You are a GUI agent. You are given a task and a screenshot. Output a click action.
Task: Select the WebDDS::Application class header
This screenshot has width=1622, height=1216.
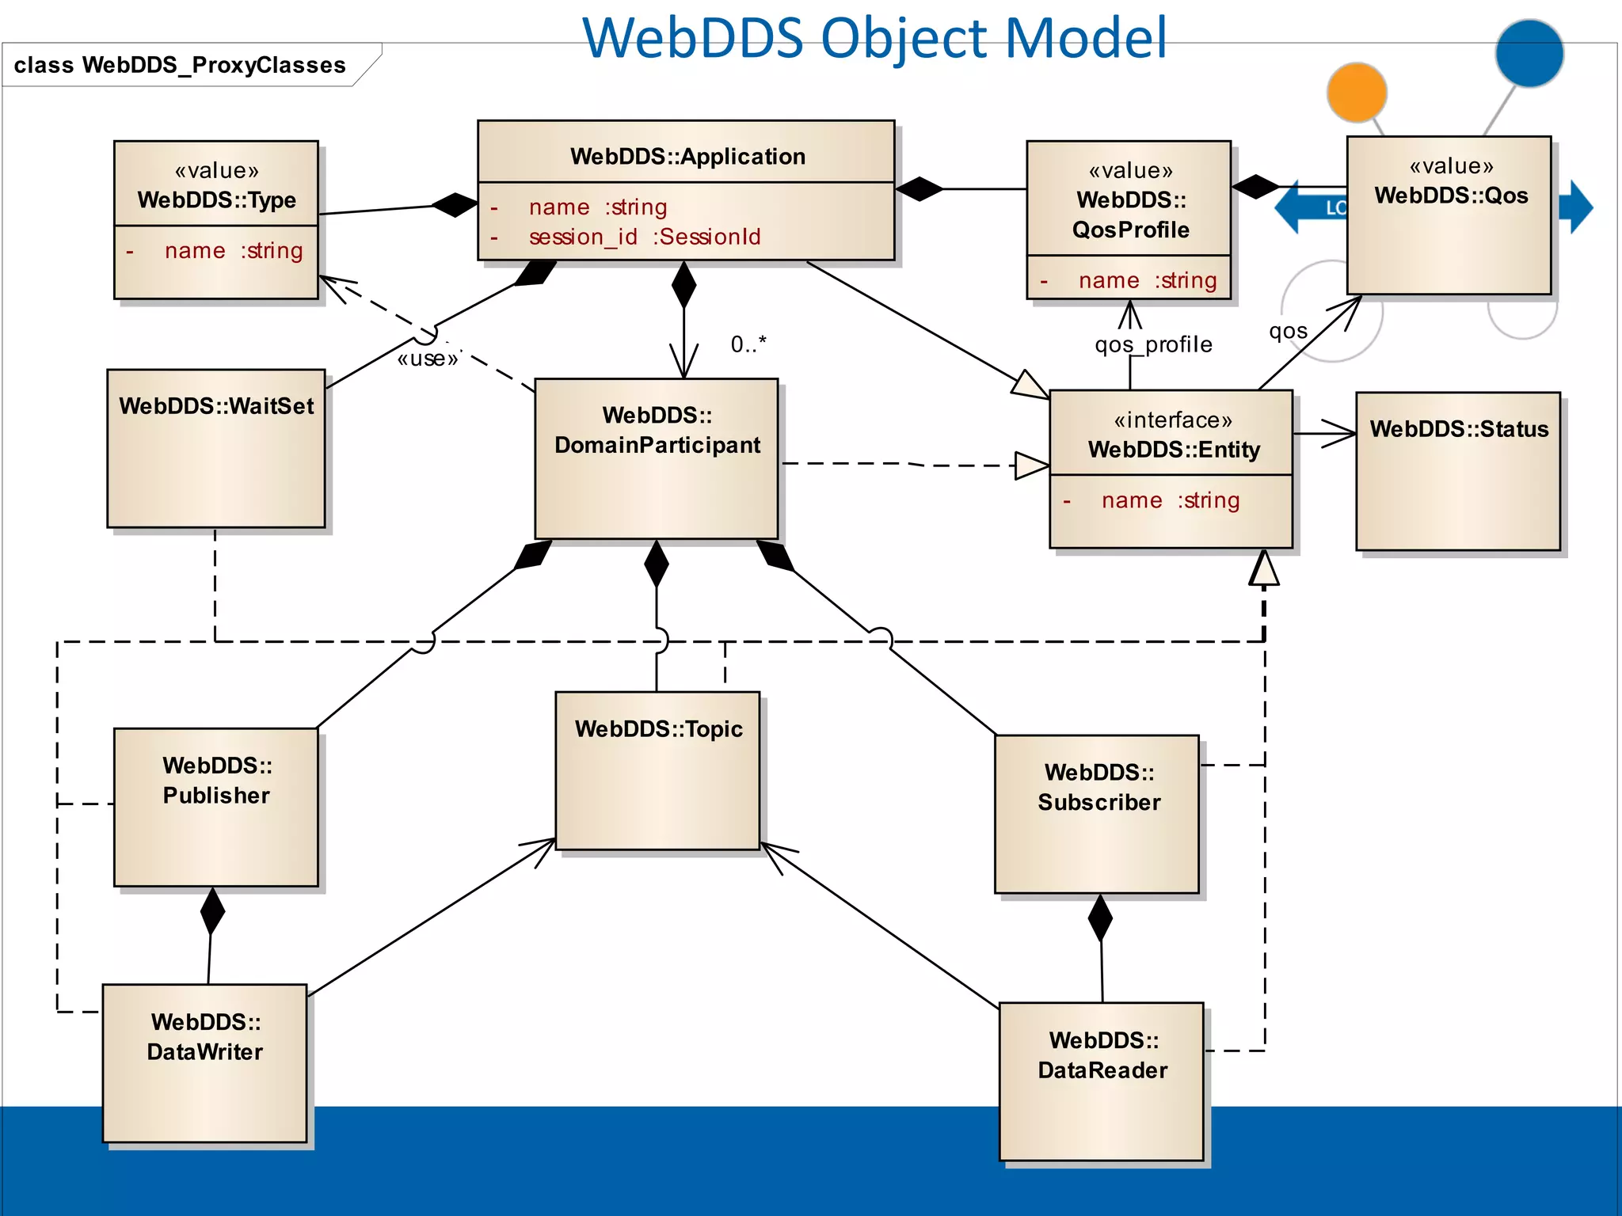tap(687, 156)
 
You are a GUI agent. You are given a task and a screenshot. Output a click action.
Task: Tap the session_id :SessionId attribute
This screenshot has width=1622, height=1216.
tap(644, 237)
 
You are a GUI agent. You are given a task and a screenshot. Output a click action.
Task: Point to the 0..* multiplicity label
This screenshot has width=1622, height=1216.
tap(748, 344)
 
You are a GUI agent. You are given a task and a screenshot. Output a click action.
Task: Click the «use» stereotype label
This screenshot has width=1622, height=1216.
tap(428, 359)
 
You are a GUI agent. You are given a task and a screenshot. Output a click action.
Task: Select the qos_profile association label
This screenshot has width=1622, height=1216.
tap(1153, 345)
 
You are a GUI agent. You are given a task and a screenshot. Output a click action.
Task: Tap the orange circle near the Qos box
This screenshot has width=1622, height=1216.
tap(1357, 92)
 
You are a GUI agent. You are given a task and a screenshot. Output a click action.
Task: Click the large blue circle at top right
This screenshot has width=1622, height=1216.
tap(1529, 54)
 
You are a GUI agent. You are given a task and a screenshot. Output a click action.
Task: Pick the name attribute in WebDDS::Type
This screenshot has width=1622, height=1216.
tap(233, 251)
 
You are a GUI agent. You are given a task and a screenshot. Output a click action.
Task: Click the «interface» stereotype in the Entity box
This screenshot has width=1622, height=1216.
tap(1173, 420)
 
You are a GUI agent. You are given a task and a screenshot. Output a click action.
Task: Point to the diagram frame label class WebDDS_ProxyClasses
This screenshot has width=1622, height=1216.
tap(180, 65)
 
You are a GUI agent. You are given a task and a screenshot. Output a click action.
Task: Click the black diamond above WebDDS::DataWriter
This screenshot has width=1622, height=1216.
tap(212, 911)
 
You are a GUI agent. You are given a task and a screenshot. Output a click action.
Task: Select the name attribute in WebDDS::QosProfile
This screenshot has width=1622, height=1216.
tap(1147, 280)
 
